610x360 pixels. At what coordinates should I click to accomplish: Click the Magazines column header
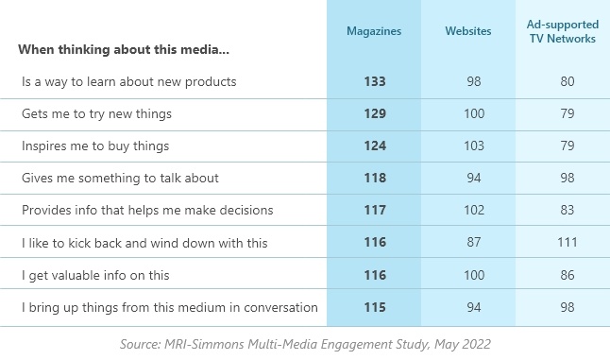pos(374,31)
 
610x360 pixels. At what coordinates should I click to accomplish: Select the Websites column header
pos(468,31)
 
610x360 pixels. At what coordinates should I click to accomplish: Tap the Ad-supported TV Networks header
pos(563,31)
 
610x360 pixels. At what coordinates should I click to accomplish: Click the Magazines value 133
pos(375,81)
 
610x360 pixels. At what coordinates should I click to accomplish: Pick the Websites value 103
pos(474,146)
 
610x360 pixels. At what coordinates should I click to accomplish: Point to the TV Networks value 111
pos(568,242)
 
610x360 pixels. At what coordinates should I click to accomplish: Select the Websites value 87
pos(474,242)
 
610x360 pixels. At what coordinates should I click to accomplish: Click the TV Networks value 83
pos(568,210)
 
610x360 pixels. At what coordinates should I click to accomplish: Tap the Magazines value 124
pos(375,146)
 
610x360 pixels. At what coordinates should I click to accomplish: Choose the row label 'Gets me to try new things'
pos(96,114)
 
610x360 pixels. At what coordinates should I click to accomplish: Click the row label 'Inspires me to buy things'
pos(95,146)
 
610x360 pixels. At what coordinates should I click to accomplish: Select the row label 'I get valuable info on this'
pos(95,276)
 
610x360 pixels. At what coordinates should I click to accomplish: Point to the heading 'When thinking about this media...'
pos(124,50)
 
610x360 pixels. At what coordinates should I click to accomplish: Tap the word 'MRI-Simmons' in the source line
pos(204,344)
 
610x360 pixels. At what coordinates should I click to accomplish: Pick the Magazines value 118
pos(375,178)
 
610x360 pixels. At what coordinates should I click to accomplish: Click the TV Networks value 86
pos(568,275)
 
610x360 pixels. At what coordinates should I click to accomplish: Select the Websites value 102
pos(474,210)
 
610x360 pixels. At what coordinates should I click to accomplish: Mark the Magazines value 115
pos(375,307)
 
